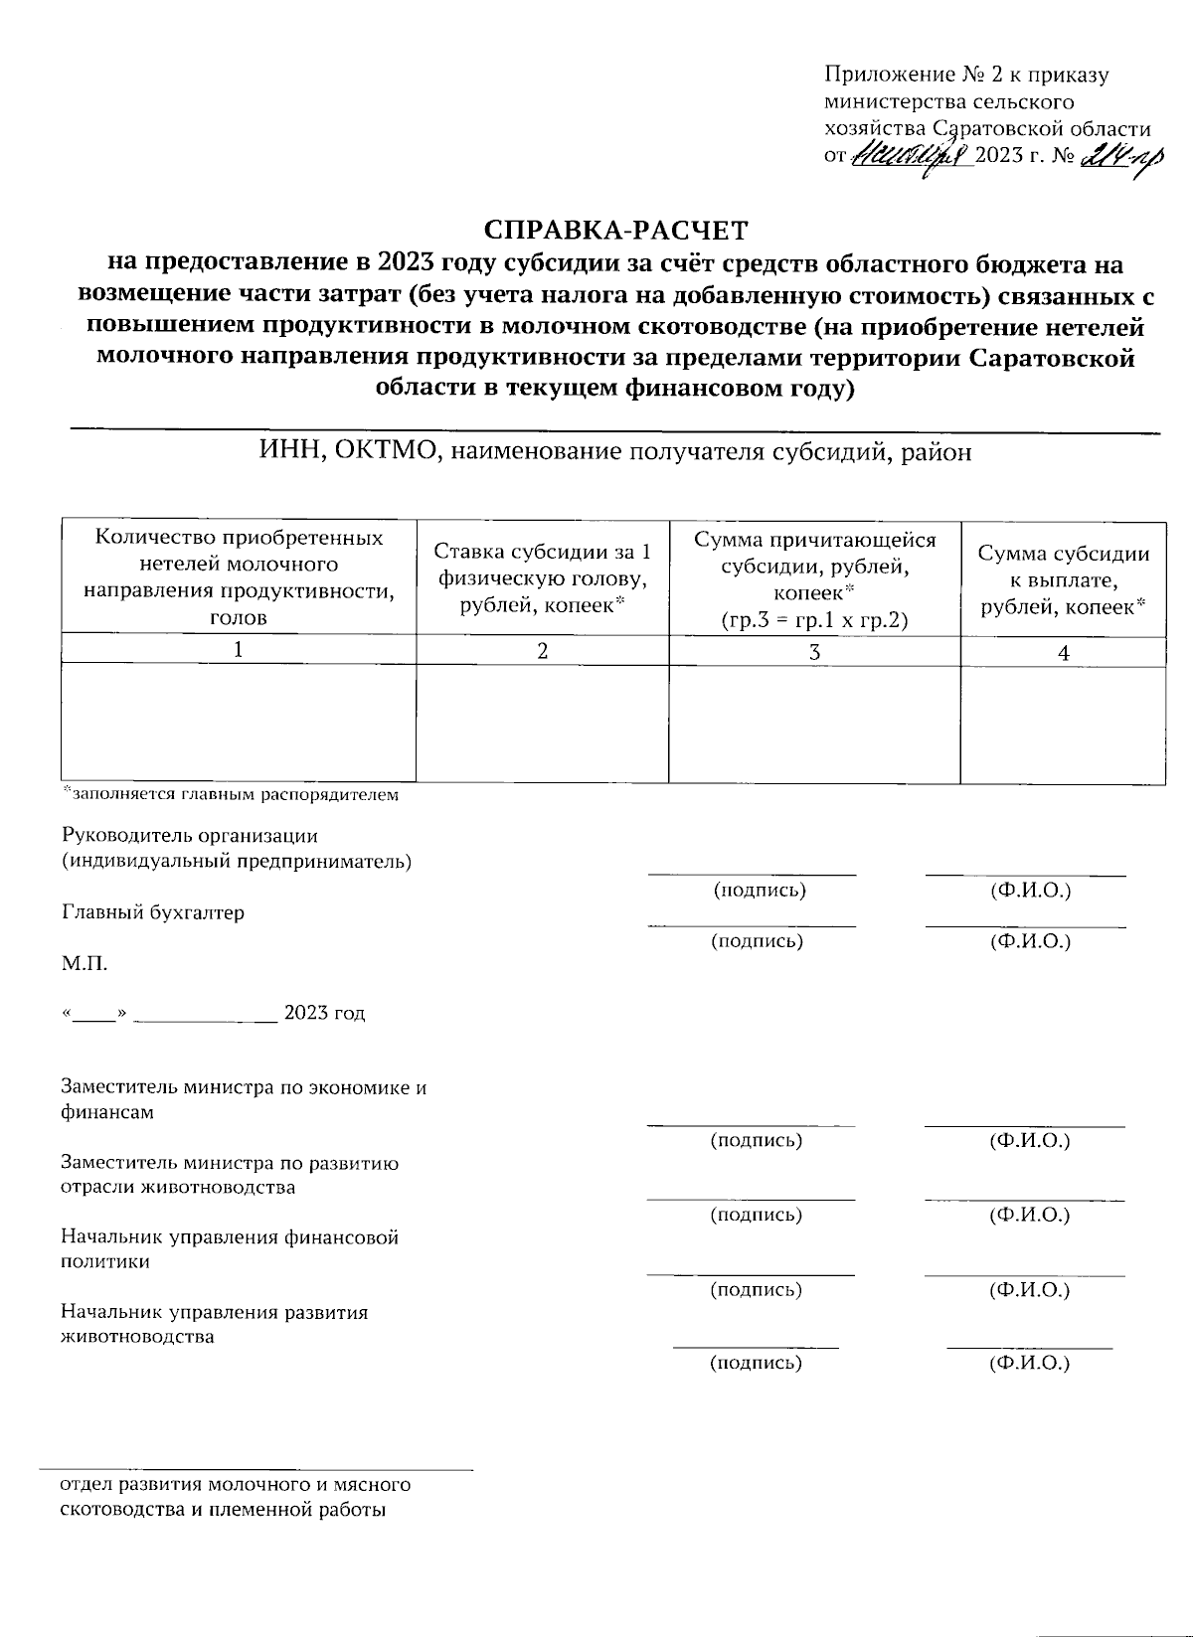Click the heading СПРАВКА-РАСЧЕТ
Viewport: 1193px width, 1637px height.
[615, 231]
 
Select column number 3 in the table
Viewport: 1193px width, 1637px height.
[814, 652]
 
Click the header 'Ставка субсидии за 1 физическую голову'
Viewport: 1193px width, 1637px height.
[542, 578]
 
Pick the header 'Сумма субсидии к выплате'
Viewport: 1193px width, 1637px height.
[1063, 580]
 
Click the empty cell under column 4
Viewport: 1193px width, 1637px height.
[1063, 724]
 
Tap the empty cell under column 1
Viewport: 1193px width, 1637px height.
[238, 724]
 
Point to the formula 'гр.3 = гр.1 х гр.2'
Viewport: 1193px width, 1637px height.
[814, 620]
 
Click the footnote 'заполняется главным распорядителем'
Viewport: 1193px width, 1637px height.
[231, 795]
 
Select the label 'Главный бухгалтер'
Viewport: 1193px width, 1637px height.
[153, 912]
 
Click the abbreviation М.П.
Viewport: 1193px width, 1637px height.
[84, 963]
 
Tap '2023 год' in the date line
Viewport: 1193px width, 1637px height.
[324, 1014]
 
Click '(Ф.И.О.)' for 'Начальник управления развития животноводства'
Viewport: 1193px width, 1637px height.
[1028, 1363]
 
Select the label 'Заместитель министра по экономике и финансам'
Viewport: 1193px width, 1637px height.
[244, 1099]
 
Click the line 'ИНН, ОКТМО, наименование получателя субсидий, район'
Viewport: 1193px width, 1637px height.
[615, 452]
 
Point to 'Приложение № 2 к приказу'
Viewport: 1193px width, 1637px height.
[966, 75]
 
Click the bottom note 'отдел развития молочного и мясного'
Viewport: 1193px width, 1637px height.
[236, 1485]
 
